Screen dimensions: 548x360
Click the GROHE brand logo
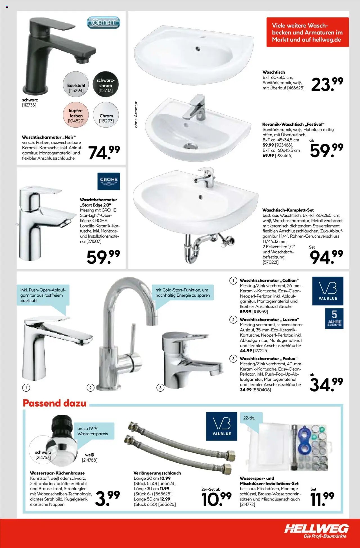[109, 181]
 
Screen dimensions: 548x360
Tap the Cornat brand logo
[103, 23]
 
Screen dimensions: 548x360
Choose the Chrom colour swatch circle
[106, 115]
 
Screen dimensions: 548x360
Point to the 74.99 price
[104, 153]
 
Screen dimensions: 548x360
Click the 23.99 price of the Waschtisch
[327, 85]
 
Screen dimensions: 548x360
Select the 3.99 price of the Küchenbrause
[107, 498]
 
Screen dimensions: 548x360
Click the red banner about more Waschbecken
[307, 32]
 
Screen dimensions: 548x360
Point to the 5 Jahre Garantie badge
[334, 318]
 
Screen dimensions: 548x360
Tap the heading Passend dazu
[55, 403]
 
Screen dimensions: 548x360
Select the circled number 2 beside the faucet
[90, 388]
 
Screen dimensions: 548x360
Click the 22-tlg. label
[249, 418]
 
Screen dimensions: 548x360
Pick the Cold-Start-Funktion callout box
[183, 292]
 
